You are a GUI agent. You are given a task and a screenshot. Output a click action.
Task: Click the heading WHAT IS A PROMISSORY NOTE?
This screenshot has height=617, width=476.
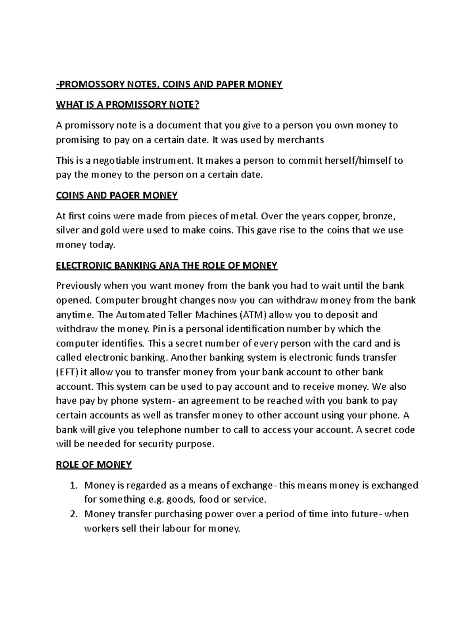click(x=128, y=105)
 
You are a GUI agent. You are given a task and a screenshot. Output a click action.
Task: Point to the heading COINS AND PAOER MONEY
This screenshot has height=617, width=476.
click(x=117, y=195)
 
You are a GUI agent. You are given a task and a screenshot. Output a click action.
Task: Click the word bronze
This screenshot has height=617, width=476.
click(x=379, y=217)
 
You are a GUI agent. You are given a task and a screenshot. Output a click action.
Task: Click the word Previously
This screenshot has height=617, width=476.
click(x=79, y=286)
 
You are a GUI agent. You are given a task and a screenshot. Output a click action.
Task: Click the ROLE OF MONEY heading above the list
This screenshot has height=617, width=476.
click(x=94, y=464)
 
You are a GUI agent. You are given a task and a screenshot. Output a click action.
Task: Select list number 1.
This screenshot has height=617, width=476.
click(x=73, y=485)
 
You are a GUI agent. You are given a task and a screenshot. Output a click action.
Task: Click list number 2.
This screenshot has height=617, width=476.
click(x=73, y=514)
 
